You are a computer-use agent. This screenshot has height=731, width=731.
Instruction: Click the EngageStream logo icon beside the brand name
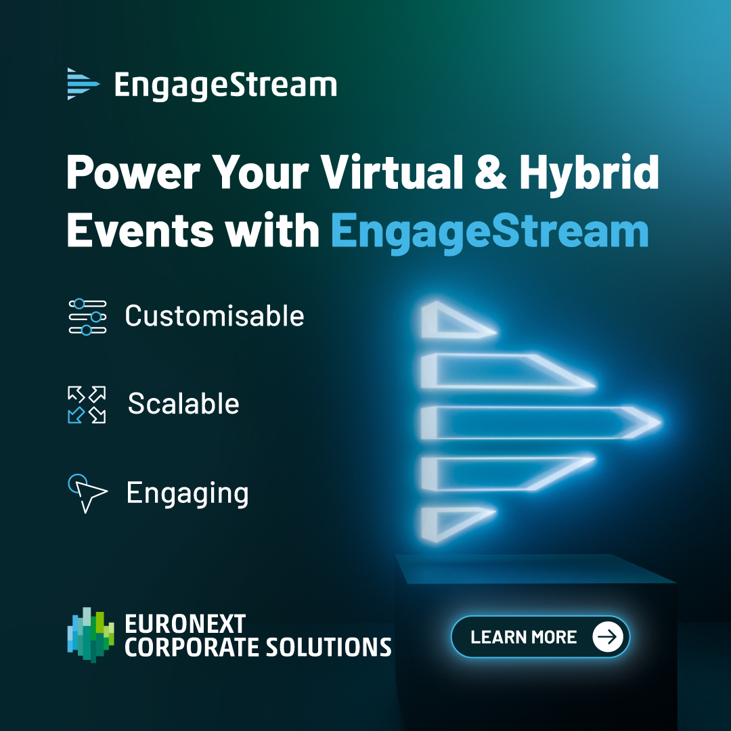83,84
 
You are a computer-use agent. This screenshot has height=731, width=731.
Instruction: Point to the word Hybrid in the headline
589,174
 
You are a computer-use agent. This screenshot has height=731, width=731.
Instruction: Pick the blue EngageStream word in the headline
490,231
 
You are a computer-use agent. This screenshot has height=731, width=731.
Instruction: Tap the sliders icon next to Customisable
87,316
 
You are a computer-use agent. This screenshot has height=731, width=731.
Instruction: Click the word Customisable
215,316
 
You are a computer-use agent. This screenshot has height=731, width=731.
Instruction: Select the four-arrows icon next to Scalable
87,404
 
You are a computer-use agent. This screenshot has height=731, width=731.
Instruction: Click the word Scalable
183,404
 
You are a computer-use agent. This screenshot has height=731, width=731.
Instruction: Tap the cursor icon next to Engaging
87,493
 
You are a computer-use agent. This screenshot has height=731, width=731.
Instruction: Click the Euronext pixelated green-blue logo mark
91,634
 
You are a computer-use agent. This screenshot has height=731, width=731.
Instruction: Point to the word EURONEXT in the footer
185,623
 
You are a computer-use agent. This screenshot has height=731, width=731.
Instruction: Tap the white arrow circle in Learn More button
608,637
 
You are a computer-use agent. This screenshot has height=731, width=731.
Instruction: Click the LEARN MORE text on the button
523,637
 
